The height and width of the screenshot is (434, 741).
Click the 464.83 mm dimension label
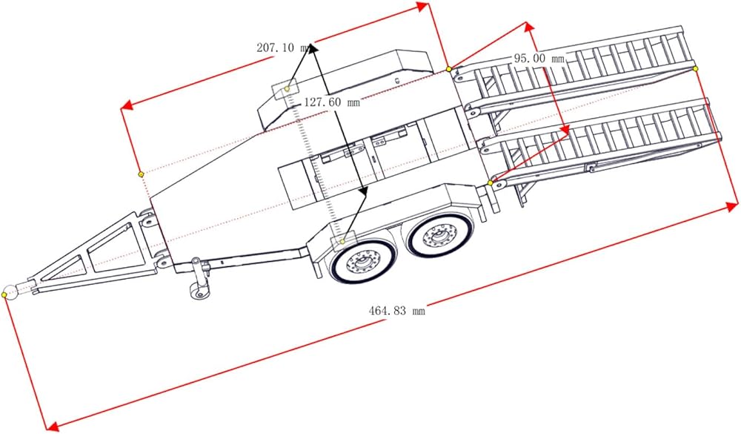397,311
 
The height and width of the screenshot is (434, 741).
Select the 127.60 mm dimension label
332,102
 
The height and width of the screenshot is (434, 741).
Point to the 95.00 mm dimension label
539,59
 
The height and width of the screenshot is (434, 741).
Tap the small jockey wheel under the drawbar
200,291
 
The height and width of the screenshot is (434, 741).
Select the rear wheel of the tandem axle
440,234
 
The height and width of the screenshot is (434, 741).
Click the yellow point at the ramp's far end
696,69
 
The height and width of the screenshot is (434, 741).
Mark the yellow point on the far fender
287,88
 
